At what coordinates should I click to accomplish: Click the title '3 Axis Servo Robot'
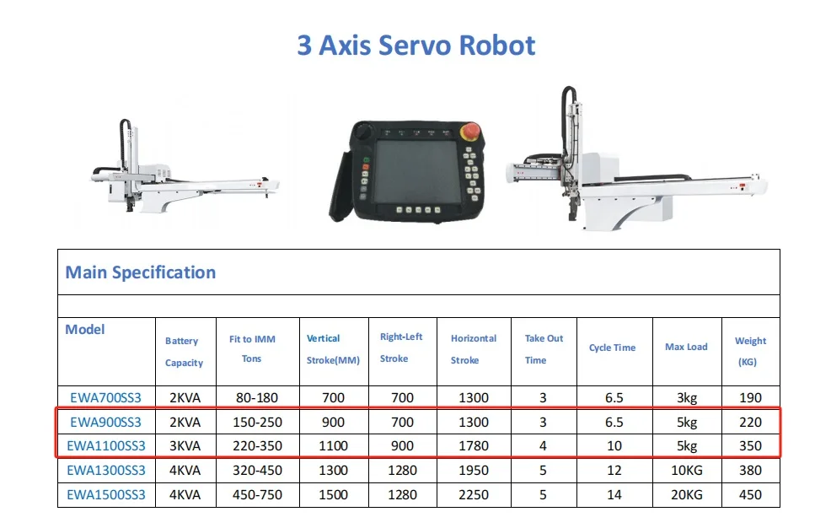pyautogui.click(x=416, y=45)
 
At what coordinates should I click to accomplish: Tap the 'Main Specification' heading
pyautogui.click(x=141, y=272)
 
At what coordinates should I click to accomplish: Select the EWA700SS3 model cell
pyautogui.click(x=106, y=397)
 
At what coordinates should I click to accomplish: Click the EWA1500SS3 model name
pyautogui.click(x=106, y=494)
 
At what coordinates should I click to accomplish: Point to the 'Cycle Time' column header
pyautogui.click(x=612, y=348)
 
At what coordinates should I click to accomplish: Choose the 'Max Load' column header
pyautogui.click(x=686, y=347)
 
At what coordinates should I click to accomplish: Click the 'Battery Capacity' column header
pyautogui.click(x=184, y=352)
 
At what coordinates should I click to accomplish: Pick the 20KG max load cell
pyautogui.click(x=686, y=494)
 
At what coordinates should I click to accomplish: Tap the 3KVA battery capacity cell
pyautogui.click(x=184, y=446)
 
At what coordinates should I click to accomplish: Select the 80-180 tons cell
pyautogui.click(x=258, y=397)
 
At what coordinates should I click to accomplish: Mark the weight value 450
pyautogui.click(x=750, y=494)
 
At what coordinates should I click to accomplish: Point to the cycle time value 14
pyautogui.click(x=614, y=494)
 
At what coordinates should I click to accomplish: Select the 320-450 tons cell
pyautogui.click(x=258, y=470)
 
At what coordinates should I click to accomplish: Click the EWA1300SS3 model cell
pyautogui.click(x=106, y=470)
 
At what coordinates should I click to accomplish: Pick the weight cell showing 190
pyautogui.click(x=750, y=397)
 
